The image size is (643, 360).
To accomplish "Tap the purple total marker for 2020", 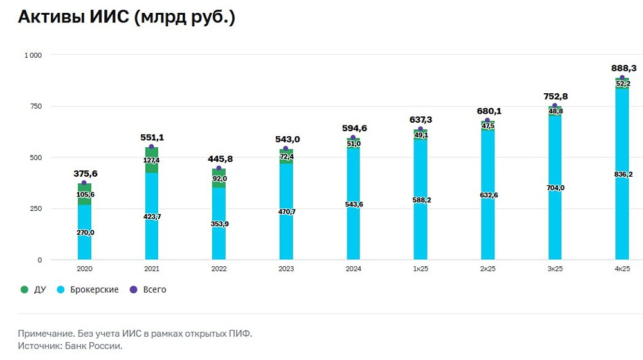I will coord(84,183).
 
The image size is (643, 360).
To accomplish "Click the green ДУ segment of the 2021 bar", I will coord(151,161).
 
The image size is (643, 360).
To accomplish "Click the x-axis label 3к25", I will coord(554,268).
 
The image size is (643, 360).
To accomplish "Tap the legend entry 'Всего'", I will coord(154,290).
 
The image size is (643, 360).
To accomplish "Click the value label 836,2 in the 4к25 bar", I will coord(622,174).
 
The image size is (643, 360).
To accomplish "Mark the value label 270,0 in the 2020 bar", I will coord(84,233).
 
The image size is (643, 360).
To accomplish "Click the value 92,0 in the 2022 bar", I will coord(219,179).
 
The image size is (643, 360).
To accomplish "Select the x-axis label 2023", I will coord(285,268).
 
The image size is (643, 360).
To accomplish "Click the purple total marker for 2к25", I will coord(487,121).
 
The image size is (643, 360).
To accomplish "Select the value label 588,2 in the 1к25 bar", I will coord(420,200).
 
